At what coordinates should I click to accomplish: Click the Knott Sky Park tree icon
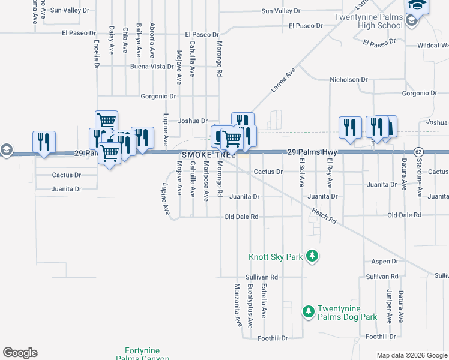(x=312, y=257)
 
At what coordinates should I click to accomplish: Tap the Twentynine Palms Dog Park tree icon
(x=308, y=312)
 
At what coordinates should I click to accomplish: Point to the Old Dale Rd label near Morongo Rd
(x=241, y=217)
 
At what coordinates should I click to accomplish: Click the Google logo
(x=20, y=353)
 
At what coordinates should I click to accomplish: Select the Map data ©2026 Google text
(x=411, y=355)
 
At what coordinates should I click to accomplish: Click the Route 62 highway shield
(x=418, y=151)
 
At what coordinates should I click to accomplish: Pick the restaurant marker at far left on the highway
(x=44, y=142)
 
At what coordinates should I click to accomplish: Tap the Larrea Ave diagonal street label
(x=283, y=80)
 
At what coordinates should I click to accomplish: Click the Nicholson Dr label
(x=348, y=80)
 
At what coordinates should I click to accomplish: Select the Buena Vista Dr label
(x=152, y=67)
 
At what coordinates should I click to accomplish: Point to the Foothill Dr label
(x=273, y=338)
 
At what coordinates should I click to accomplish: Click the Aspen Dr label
(x=385, y=262)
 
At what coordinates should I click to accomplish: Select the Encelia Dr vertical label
(x=97, y=54)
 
